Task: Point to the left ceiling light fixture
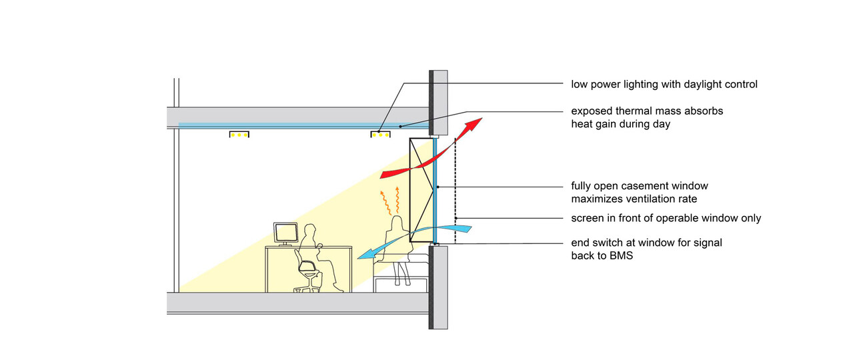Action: point(239,135)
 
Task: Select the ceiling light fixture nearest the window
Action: point(381,135)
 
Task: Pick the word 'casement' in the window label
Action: point(645,186)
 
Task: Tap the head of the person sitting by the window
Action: point(397,221)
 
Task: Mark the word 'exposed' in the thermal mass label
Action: point(591,111)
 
